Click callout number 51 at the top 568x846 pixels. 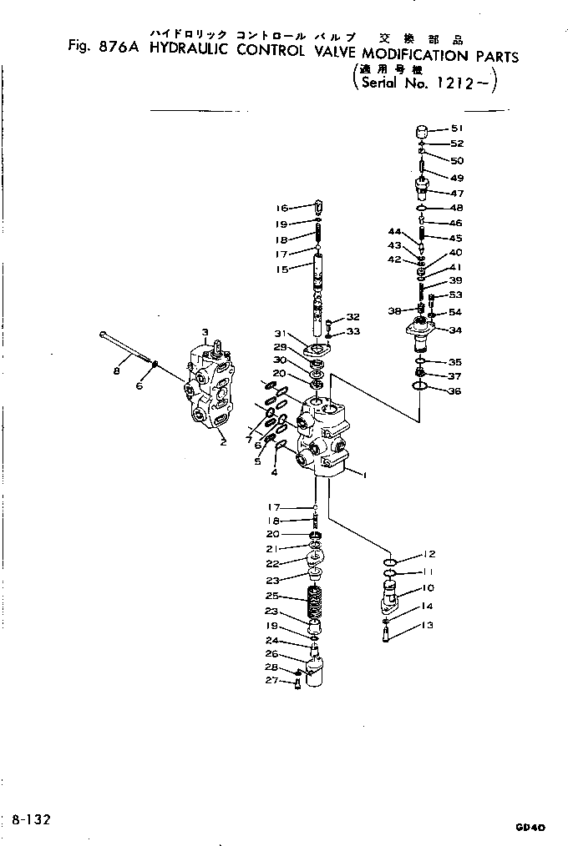tap(456, 128)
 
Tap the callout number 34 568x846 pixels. tap(456, 330)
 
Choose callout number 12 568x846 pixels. tap(429, 554)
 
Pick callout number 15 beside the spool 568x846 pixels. tap(281, 269)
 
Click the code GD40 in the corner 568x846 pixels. tap(530, 828)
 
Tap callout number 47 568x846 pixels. tap(457, 193)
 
